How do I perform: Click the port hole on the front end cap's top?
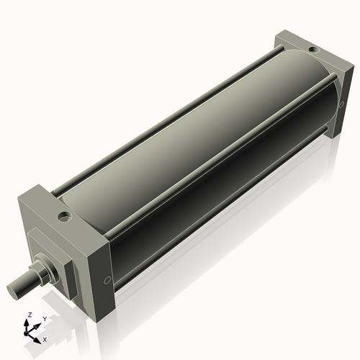point(64,215)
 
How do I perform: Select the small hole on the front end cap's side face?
point(107,280)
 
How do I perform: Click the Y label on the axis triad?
point(45,318)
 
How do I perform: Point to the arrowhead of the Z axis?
point(29,322)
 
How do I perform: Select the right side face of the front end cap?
point(102,274)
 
